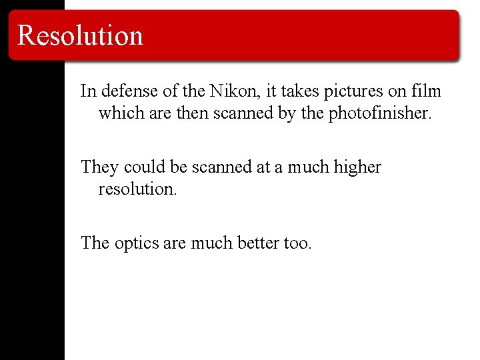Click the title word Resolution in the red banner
[x=80, y=35]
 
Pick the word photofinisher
[x=380, y=113]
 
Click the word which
[x=119, y=113]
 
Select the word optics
[x=135, y=243]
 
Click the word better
[x=257, y=243]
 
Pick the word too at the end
[x=297, y=243]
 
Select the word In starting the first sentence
[x=87, y=91]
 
